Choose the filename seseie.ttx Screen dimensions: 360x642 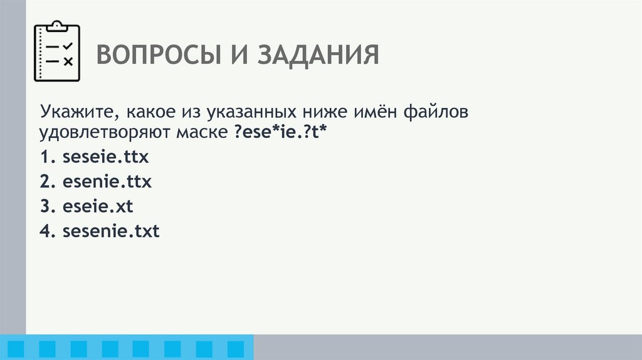[106, 157]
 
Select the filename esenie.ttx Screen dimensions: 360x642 [107, 183]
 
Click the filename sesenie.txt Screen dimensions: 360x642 [111, 231]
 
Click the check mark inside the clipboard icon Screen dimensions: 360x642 [68, 46]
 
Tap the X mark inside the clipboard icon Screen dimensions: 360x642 [68, 61]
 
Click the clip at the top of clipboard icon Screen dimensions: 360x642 [57, 25]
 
